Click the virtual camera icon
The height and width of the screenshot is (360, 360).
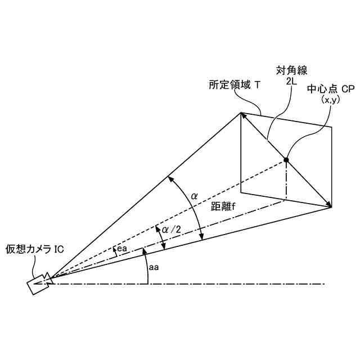(38, 283)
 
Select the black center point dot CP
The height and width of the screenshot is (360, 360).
(286, 160)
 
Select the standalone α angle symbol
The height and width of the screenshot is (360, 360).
(194, 196)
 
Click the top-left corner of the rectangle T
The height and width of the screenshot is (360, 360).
(241, 112)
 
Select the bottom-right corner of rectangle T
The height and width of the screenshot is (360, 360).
(331, 207)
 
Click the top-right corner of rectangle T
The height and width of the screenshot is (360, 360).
(331, 127)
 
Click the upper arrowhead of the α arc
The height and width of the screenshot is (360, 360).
(170, 178)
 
